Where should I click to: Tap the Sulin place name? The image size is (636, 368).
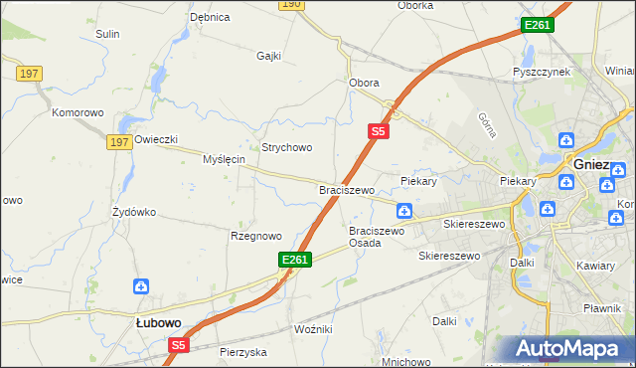pos(107,34)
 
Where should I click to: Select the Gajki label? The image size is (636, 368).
pos(269,56)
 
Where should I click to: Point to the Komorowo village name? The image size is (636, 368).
pos(79,112)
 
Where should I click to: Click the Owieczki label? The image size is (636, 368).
pos(156,140)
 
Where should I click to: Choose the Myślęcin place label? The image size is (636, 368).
pos(224,159)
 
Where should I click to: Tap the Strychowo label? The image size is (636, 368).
pos(287,147)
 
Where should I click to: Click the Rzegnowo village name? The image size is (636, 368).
pos(256,236)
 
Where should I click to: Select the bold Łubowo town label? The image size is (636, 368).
pos(158,322)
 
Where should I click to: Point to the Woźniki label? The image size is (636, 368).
pos(313,328)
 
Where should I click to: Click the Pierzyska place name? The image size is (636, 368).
pos(243,352)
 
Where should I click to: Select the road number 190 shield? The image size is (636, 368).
pos(290,5)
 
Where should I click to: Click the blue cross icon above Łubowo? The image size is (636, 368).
pos(143,286)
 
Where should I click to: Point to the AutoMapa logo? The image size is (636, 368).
pos(570,349)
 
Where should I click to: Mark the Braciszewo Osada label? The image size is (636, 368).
pos(377,237)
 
